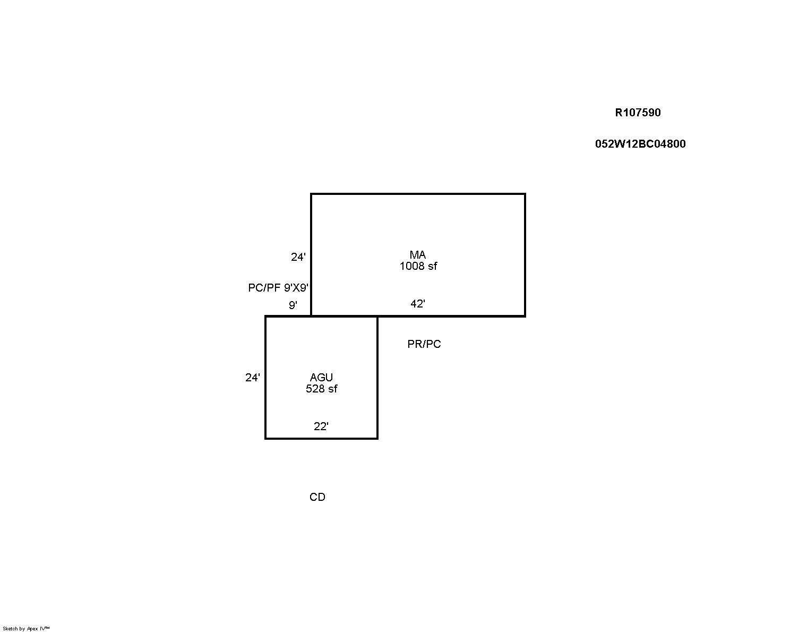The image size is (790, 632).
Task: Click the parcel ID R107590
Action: point(638,113)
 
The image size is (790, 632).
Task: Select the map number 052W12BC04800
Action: point(640,143)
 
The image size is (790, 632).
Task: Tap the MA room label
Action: point(418,254)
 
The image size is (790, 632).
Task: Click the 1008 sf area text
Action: point(418,266)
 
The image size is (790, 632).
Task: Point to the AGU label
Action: point(321,377)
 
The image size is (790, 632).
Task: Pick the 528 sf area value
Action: point(321,389)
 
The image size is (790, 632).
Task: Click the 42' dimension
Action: point(418,304)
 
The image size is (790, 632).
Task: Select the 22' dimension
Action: point(321,426)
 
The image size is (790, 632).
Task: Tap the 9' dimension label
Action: point(293,305)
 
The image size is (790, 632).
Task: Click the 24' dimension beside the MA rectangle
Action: point(298,257)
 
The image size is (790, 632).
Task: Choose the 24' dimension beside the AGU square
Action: point(253,378)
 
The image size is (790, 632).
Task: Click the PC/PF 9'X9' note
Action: point(278,287)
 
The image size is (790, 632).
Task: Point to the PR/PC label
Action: point(424,344)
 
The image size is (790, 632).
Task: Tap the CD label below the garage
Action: point(317,497)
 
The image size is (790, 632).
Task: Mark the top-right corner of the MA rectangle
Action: point(525,194)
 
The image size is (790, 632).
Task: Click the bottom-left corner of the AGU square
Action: point(265,438)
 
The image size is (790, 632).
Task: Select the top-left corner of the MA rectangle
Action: point(311,194)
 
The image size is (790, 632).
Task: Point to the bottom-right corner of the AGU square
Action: point(377,438)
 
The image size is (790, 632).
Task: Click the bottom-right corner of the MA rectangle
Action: point(525,316)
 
